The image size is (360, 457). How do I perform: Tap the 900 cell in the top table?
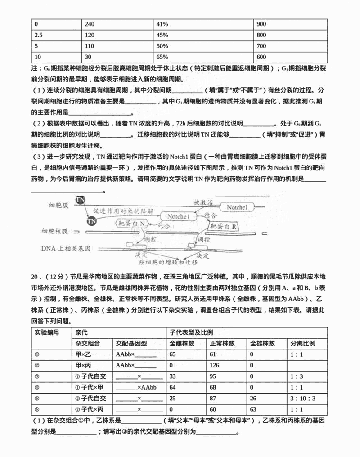pos(261,23)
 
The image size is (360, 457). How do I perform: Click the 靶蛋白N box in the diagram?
pos(131,223)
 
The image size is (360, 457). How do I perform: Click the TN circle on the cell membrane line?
pos(80,200)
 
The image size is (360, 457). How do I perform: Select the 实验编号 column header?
pos(46,333)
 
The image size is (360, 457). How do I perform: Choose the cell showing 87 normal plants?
pos(215,398)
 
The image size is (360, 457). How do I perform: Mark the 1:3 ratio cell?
pos(297,376)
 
